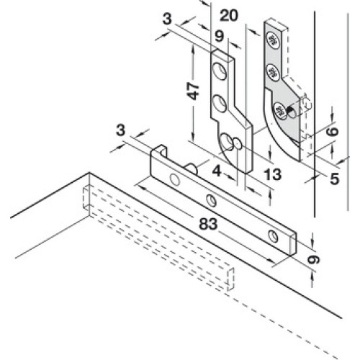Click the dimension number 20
click(229, 15)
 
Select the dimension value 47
click(194, 91)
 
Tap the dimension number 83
click(208, 224)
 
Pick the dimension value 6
click(333, 132)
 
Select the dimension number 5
click(335, 179)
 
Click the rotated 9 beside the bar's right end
click(314, 259)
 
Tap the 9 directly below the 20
click(220, 36)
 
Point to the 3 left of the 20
click(167, 19)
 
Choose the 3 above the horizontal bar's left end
click(120, 130)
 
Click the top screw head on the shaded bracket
click(273, 40)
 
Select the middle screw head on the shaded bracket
click(273, 72)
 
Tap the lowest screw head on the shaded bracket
click(280, 111)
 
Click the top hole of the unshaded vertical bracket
click(220, 71)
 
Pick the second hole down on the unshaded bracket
click(220, 104)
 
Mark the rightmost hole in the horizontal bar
click(273, 236)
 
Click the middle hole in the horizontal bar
click(212, 200)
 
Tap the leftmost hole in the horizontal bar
click(175, 179)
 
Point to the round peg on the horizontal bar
click(192, 168)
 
